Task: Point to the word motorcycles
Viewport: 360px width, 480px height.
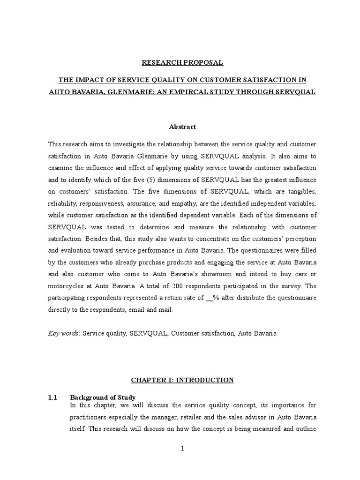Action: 65,286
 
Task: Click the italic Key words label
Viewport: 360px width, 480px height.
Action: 63,333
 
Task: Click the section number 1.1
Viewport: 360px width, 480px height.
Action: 52,397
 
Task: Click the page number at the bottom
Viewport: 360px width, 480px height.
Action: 183,449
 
